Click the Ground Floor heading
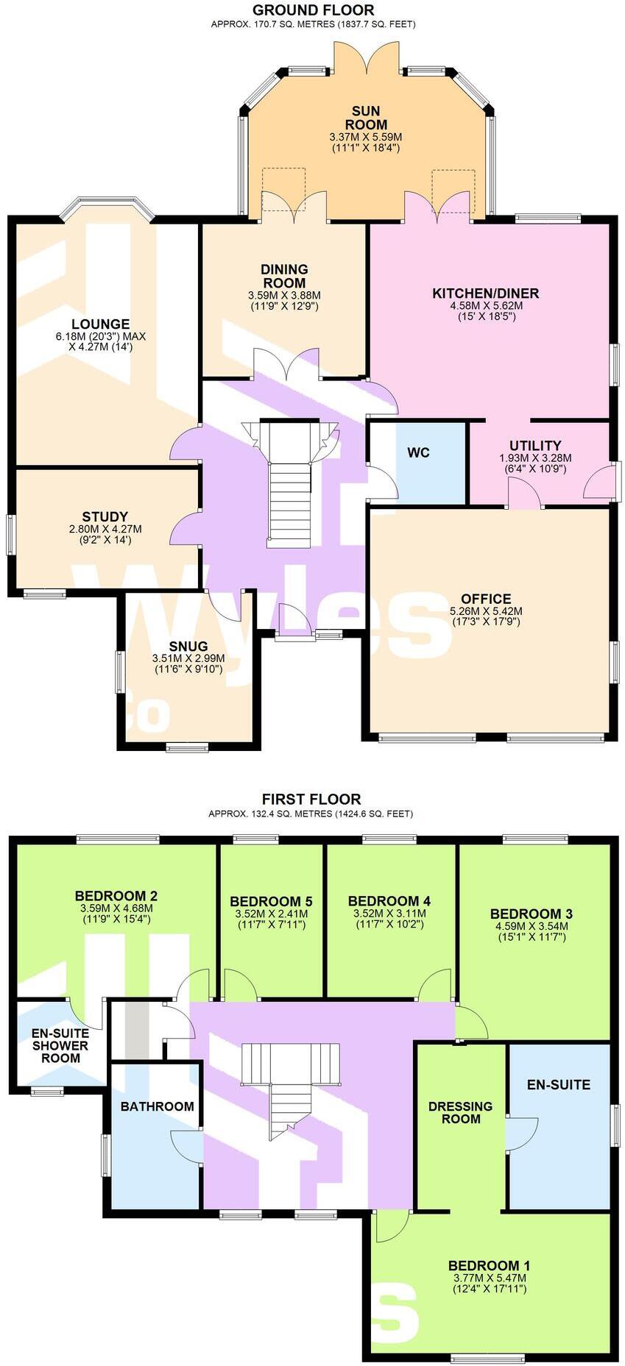point(313,10)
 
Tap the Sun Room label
point(365,118)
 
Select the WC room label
point(418,452)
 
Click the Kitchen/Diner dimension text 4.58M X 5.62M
point(486,305)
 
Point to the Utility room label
point(535,446)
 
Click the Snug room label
point(191,647)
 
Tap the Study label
point(105,517)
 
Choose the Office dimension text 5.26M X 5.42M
point(486,611)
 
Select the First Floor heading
point(311,799)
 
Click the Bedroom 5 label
point(271,902)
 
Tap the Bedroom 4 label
point(389,901)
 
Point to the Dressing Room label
point(460,1112)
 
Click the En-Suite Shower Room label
point(60,1045)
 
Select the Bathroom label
point(157,1106)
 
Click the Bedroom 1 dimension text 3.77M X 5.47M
point(490,1277)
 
